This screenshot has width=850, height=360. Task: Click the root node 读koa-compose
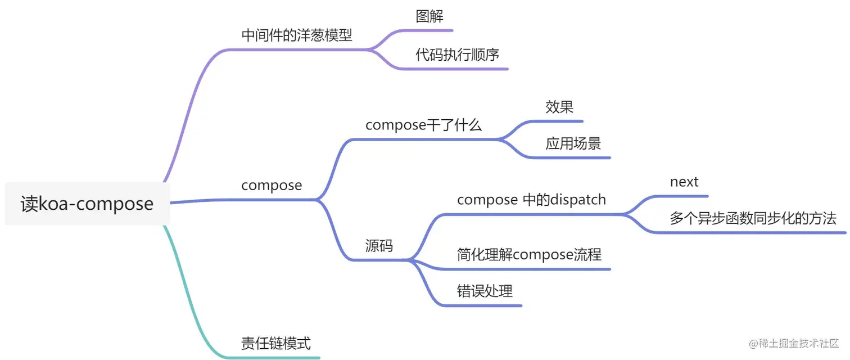tap(87, 204)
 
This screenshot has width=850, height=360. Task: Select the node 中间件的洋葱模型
tap(297, 35)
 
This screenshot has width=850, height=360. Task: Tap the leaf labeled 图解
tap(429, 17)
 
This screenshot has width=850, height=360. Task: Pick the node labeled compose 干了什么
tap(423, 125)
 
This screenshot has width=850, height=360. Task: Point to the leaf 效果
tap(559, 107)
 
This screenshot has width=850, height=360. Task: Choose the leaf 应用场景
tap(573, 143)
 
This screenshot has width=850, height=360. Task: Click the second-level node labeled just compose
tap(272, 185)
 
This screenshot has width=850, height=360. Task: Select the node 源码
tap(379, 246)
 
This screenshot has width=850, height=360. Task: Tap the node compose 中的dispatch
tap(531, 200)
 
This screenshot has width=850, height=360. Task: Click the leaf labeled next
tap(684, 182)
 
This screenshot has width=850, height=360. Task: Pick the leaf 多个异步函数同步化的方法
tap(753, 218)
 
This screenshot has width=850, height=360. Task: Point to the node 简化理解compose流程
tap(529, 255)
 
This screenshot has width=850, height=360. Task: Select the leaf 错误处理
tap(485, 291)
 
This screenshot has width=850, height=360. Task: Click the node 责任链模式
tap(275, 343)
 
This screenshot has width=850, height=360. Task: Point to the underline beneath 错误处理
tap(483, 305)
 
